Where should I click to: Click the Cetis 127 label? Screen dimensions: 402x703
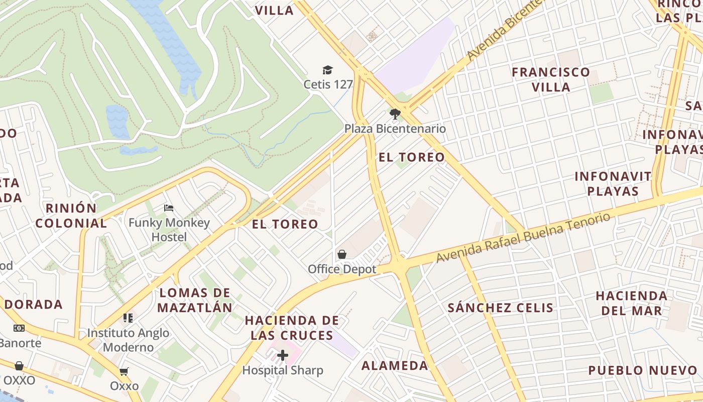coord(328,84)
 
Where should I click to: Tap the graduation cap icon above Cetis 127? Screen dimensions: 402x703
coord(328,70)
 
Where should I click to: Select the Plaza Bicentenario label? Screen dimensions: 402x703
coord(395,129)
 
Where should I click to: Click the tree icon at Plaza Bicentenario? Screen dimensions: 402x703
coord(395,114)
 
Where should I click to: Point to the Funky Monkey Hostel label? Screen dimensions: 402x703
coord(169,230)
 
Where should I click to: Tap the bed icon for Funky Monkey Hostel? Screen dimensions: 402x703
coord(169,208)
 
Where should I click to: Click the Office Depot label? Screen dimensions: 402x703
coord(342,269)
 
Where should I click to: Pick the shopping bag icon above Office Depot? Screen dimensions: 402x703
coord(342,254)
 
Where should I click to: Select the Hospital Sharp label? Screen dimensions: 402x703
coord(283,370)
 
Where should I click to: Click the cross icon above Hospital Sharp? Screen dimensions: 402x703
coord(283,356)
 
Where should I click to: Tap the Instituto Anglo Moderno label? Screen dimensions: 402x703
coord(128,340)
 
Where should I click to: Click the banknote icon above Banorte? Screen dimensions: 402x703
coord(19,328)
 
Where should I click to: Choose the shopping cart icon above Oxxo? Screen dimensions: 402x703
coord(124,371)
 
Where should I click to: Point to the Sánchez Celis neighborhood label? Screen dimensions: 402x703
coord(500,308)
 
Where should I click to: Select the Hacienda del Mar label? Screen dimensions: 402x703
coord(632,303)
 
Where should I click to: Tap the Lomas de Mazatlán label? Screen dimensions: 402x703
coord(195,300)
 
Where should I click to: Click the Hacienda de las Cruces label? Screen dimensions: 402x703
coord(292,328)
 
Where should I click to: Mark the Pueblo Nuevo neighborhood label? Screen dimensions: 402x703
coord(643,370)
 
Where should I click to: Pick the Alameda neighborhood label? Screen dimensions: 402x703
coord(395,365)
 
